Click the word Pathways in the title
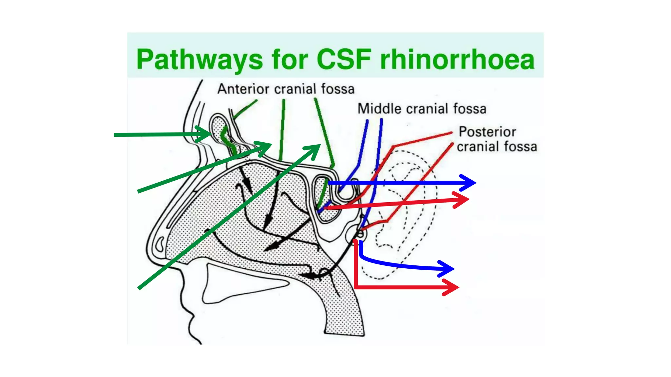pyautogui.click(x=199, y=60)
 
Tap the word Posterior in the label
pyautogui.click(x=487, y=132)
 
